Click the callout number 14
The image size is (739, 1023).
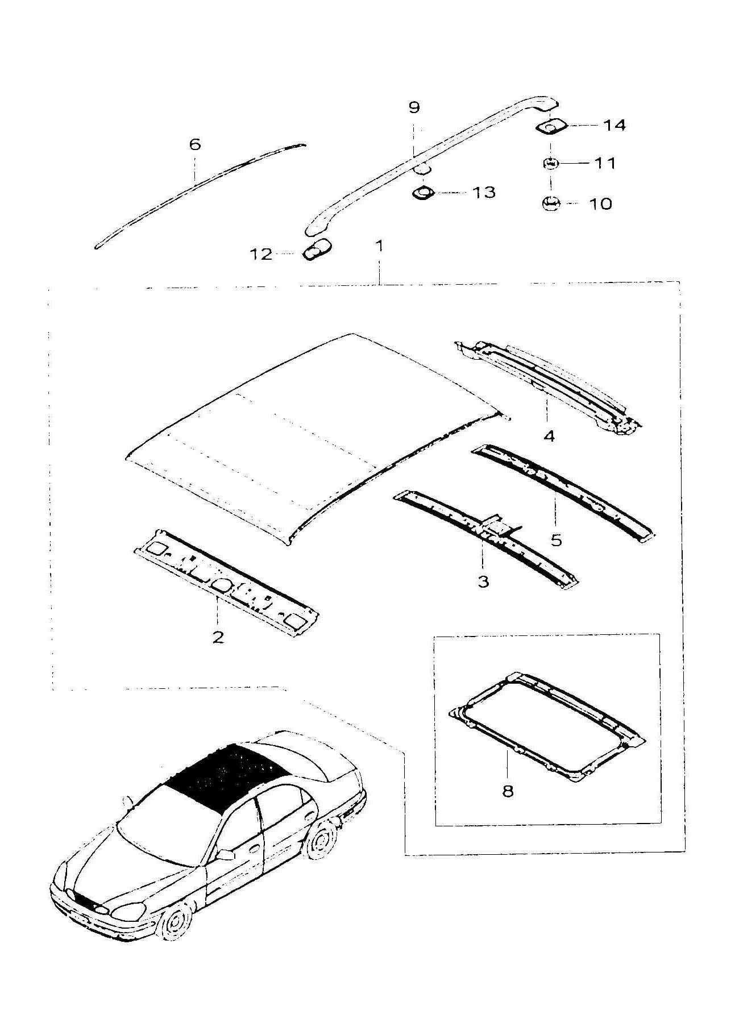[x=614, y=125]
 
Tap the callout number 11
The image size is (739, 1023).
[x=605, y=163]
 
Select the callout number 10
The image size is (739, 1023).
[x=601, y=203]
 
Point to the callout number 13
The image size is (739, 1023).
[x=484, y=193]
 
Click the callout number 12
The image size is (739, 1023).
[x=261, y=254]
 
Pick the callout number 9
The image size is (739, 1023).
[x=414, y=107]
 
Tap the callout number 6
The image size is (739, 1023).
[x=195, y=144]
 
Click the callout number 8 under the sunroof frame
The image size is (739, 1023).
[x=508, y=791]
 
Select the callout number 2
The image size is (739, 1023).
[x=218, y=637]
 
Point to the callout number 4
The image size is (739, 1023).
[x=549, y=436]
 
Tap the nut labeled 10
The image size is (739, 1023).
[x=550, y=203]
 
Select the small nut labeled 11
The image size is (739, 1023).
[x=550, y=163]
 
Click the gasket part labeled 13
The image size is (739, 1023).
[x=423, y=193]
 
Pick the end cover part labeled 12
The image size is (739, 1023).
[x=316, y=250]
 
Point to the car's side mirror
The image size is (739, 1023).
[x=226, y=854]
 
